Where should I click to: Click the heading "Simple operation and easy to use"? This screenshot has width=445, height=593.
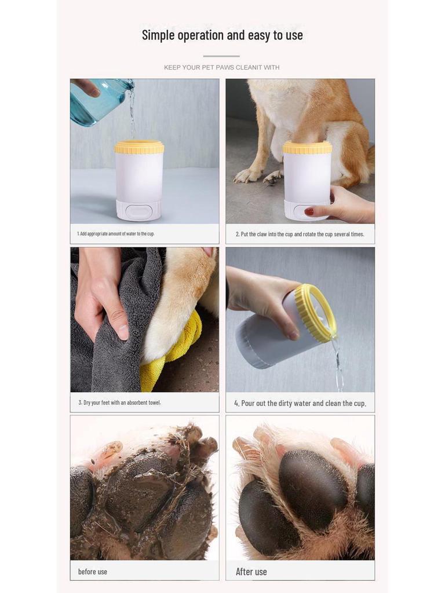tap(222, 35)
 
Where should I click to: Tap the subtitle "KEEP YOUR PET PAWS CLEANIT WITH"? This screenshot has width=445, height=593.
tap(222, 67)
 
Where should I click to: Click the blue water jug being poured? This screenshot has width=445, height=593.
tap(99, 101)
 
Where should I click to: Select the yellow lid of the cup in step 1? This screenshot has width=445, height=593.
tap(140, 147)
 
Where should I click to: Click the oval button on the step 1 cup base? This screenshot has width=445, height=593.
tap(138, 210)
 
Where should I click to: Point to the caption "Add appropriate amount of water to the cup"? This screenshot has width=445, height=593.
tap(116, 234)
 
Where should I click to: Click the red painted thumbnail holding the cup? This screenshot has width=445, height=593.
tap(309, 212)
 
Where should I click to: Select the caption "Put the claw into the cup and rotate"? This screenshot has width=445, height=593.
tap(300, 235)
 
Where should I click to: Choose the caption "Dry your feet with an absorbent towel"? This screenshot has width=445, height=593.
tap(119, 403)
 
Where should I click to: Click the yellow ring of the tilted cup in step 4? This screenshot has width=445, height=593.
tap(315, 314)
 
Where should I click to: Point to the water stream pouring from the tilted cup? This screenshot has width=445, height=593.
tap(337, 363)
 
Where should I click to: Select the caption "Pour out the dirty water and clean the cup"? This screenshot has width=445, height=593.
tap(300, 404)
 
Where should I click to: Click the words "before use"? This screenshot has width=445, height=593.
tap(93, 572)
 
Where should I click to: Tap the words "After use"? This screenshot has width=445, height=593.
tap(251, 572)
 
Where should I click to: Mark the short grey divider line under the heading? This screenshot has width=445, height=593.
tap(221, 56)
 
